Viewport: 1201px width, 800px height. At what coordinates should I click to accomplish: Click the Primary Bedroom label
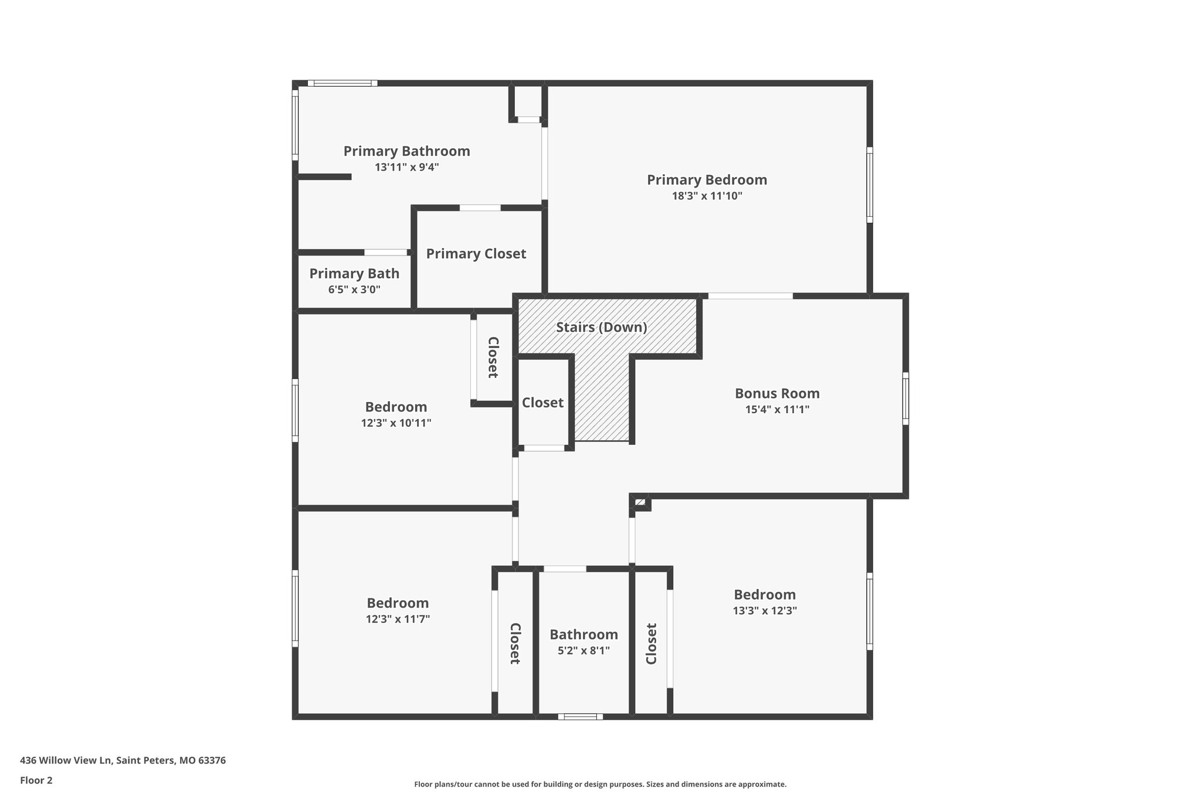(707, 180)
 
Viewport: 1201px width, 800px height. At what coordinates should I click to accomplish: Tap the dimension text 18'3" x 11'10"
(707, 196)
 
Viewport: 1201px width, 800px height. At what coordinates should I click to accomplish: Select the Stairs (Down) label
(601, 327)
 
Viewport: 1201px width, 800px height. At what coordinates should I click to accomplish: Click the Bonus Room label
(777, 393)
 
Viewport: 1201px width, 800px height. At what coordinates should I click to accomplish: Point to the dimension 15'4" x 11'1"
(777, 410)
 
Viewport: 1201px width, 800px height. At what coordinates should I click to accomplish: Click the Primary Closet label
(476, 254)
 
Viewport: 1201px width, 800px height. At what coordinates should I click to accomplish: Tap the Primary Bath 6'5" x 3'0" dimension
(354, 290)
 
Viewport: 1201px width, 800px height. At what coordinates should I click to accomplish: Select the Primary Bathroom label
(406, 151)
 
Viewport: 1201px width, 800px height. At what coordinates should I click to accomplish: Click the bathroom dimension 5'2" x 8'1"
(583, 651)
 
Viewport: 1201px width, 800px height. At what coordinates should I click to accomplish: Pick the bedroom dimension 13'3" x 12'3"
(765, 611)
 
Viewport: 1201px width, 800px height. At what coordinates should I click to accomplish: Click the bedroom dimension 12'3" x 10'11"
(396, 423)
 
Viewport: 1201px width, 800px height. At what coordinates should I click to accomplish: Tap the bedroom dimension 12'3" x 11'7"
(398, 619)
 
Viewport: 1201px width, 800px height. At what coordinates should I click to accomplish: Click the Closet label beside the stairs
(542, 403)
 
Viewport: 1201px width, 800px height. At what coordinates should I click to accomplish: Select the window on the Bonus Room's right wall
(905, 399)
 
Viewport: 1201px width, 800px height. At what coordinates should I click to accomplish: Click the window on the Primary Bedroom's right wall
(870, 185)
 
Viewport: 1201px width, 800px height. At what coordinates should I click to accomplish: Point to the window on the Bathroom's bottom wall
(580, 716)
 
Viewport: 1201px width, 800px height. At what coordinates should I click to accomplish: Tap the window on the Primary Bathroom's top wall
(342, 83)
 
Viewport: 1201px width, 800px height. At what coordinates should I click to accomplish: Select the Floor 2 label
(36, 780)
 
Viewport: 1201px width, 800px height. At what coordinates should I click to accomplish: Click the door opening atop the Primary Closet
(480, 207)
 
